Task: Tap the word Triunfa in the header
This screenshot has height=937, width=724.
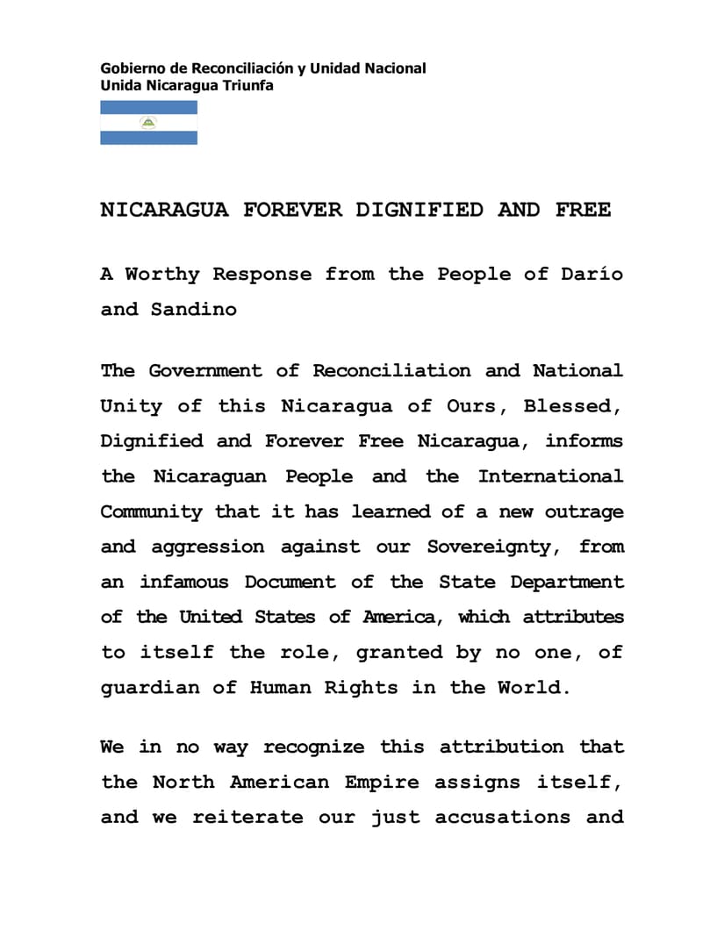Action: pyautogui.click(x=251, y=86)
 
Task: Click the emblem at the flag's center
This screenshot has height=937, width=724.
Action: pyautogui.click(x=148, y=123)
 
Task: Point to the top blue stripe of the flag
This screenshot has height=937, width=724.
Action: pyautogui.click(x=148, y=107)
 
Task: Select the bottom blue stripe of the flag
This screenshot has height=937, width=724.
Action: pyautogui.click(x=148, y=138)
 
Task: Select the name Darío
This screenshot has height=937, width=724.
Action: pyautogui.click(x=592, y=274)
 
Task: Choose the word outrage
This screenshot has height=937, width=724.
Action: pyautogui.click(x=584, y=511)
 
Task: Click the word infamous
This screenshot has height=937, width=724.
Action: pyautogui.click(x=183, y=582)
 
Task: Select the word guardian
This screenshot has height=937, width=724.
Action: pyautogui.click(x=150, y=687)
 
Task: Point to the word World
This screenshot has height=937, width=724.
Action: pyautogui.click(x=534, y=687)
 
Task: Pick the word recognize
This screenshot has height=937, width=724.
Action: pyautogui.click(x=313, y=747)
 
